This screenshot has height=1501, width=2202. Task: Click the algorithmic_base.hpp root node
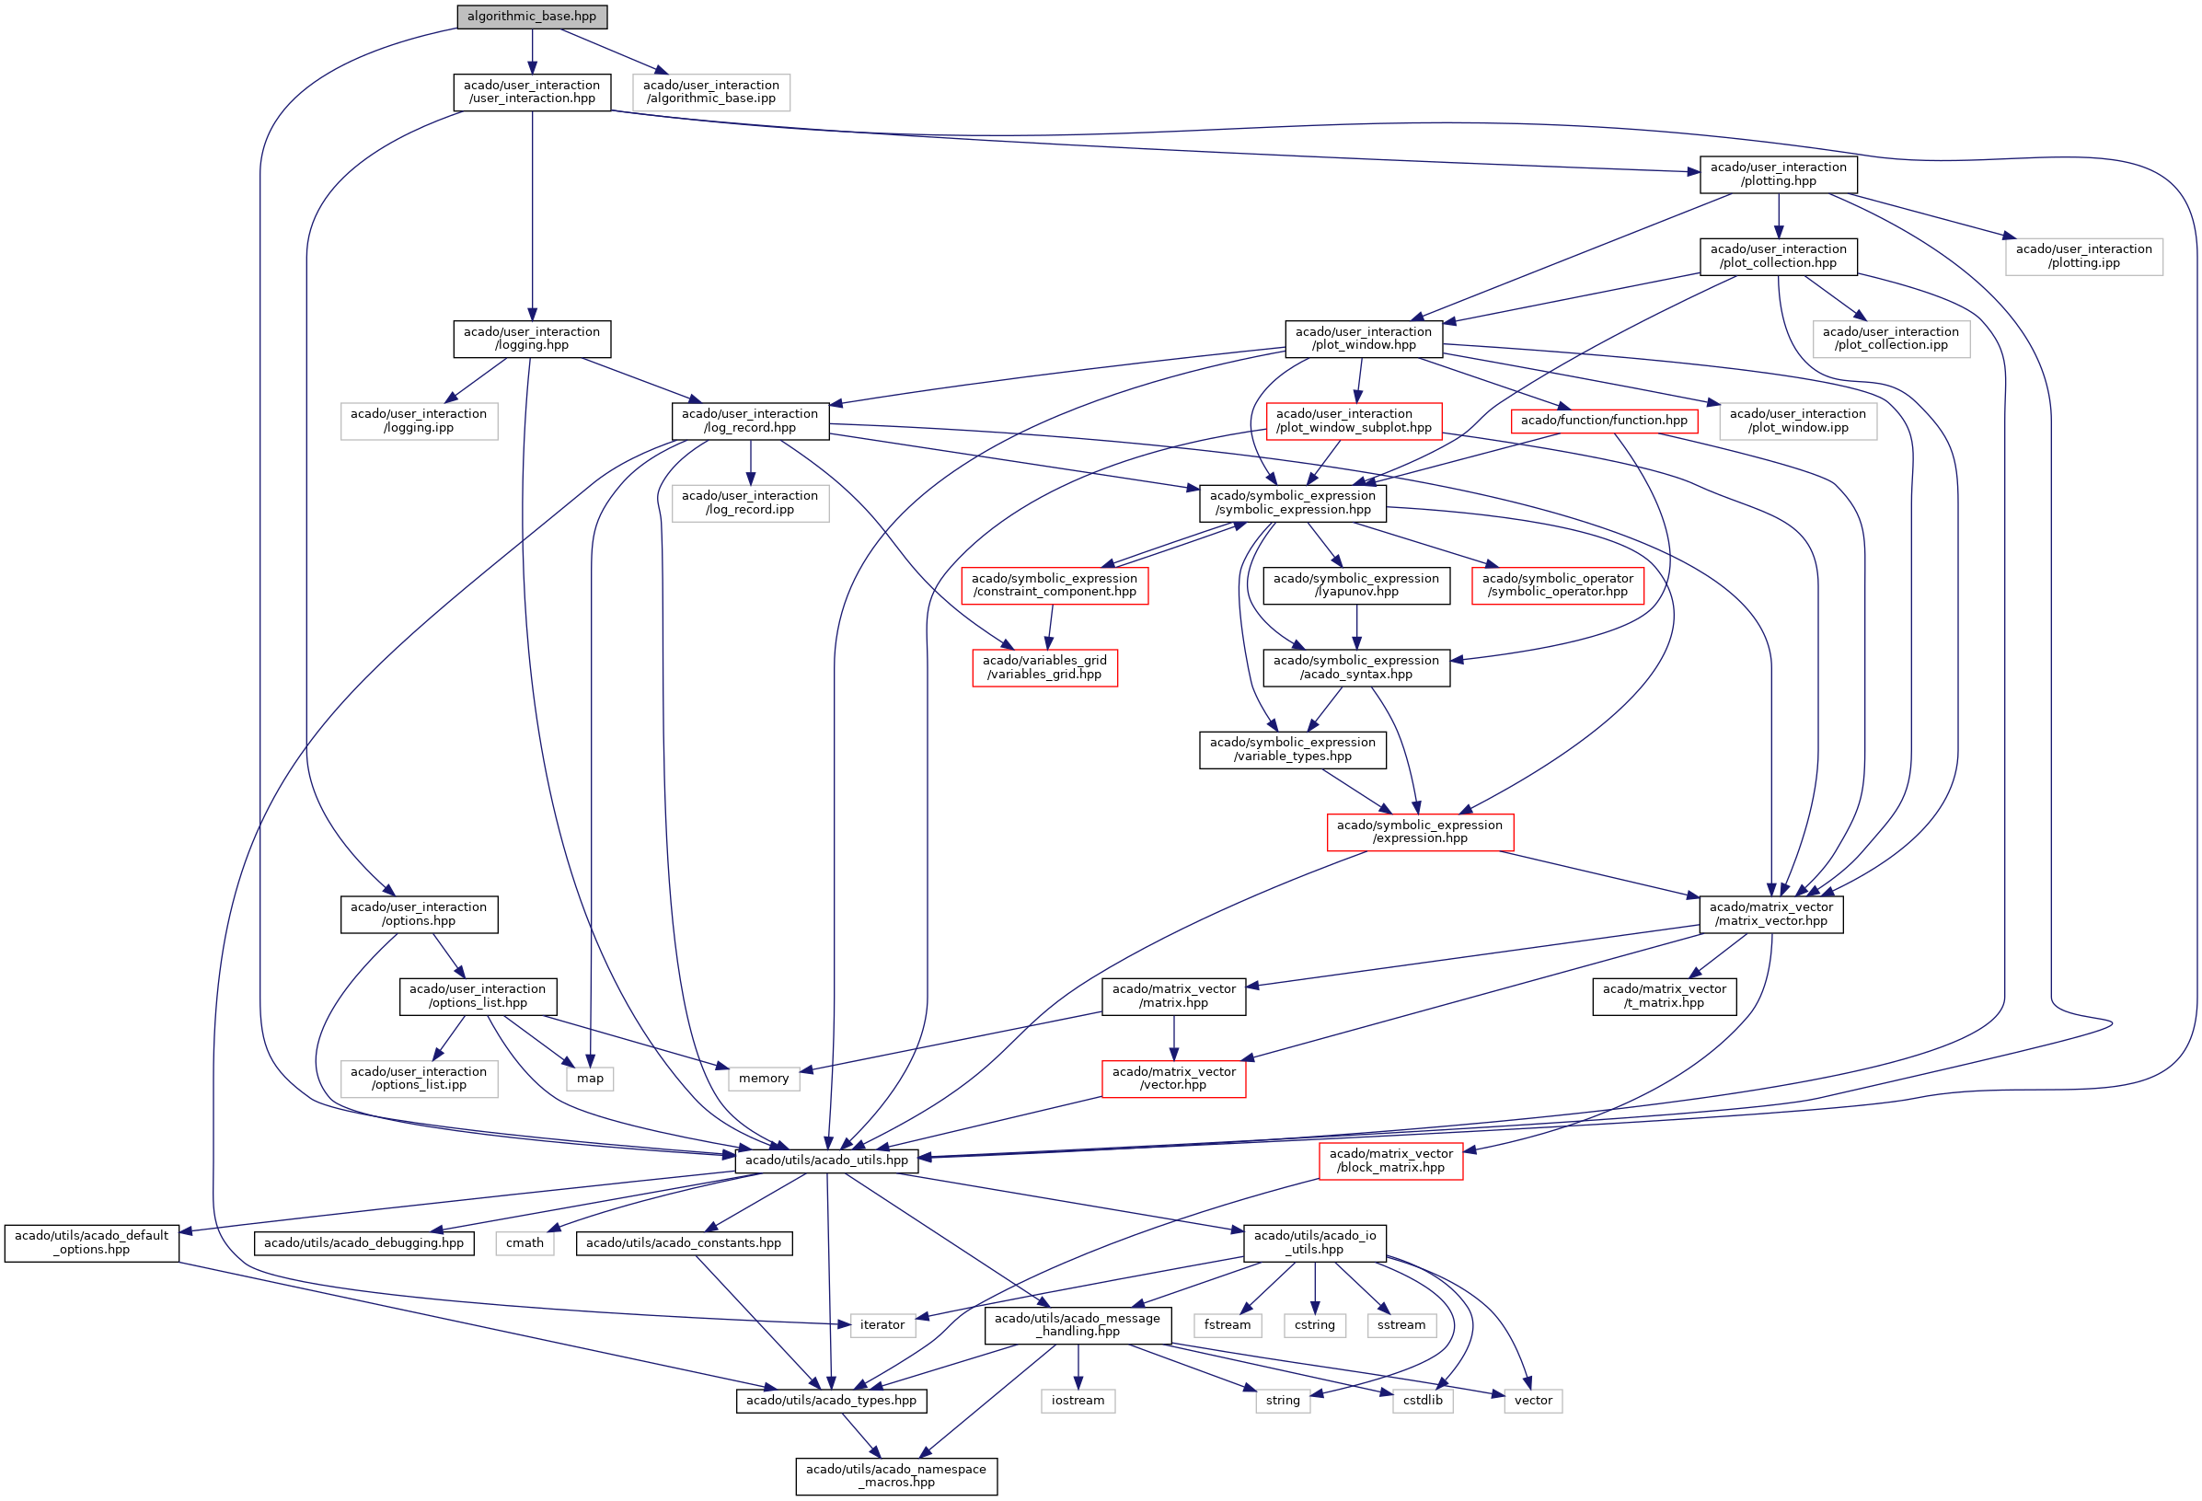pyautogui.click(x=532, y=17)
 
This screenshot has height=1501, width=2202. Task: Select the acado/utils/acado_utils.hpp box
pyautogui.click(x=826, y=1160)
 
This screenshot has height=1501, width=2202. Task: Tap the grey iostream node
pyautogui.click(x=1078, y=1401)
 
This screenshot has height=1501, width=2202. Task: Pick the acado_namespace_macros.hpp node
pyautogui.click(x=895, y=1475)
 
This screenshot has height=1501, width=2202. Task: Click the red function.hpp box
pyautogui.click(x=1603, y=420)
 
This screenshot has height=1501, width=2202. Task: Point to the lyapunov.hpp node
pyautogui.click(x=1355, y=584)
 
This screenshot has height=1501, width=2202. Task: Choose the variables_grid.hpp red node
pyautogui.click(x=1044, y=667)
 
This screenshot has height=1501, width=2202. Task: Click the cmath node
pyautogui.click(x=524, y=1242)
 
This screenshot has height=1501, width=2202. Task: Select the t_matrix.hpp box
pyautogui.click(x=1664, y=996)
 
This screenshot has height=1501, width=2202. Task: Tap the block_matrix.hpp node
pyautogui.click(x=1390, y=1160)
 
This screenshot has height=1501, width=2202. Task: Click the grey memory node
pyautogui.click(x=763, y=1079)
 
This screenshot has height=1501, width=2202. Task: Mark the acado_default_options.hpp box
pyautogui.click(x=92, y=1242)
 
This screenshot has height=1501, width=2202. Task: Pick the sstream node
pyautogui.click(x=1401, y=1324)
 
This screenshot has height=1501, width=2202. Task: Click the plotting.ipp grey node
pyautogui.click(x=2082, y=256)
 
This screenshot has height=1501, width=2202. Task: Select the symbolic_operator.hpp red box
pyautogui.click(x=1557, y=584)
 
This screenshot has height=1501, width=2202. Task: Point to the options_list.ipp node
pyautogui.click(x=419, y=1079)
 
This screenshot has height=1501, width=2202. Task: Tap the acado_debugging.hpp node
pyautogui.click(x=363, y=1242)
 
